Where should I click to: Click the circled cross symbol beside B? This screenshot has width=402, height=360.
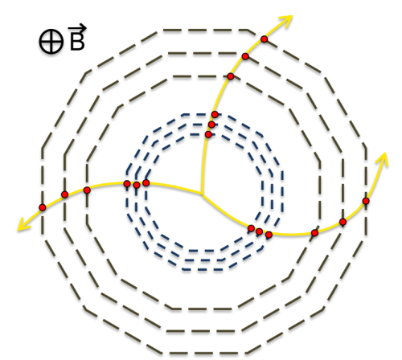tap(51, 42)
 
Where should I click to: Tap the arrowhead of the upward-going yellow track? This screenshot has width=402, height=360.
tap(286, 21)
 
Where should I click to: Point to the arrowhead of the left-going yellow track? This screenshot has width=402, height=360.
tap(23, 225)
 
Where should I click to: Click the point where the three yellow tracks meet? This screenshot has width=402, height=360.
tap(202, 194)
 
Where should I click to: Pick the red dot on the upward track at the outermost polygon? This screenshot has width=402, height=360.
tap(265, 39)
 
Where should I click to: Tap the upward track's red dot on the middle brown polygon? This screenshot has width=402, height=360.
tap(245, 56)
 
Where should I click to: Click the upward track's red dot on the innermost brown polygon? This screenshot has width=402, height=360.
tap(231, 76)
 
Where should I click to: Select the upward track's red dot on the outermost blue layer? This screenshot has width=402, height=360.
tap(215, 115)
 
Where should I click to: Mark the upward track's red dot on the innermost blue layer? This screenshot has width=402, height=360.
tap(208, 134)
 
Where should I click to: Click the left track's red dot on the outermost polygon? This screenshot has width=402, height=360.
tap(43, 207)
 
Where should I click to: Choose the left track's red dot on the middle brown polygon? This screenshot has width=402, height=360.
tap(64, 194)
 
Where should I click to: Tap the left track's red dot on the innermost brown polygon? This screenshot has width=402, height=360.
tap(87, 190)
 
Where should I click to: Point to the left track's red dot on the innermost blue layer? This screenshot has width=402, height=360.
tap(146, 183)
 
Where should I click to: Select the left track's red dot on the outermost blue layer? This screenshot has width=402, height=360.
tap(127, 184)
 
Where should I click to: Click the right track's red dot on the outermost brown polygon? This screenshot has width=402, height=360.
tap(366, 201)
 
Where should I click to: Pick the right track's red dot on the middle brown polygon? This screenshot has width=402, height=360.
tap(343, 222)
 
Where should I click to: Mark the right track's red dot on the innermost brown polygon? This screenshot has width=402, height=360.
tap(315, 233)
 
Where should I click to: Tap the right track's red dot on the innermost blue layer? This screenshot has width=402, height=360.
tap(251, 228)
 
